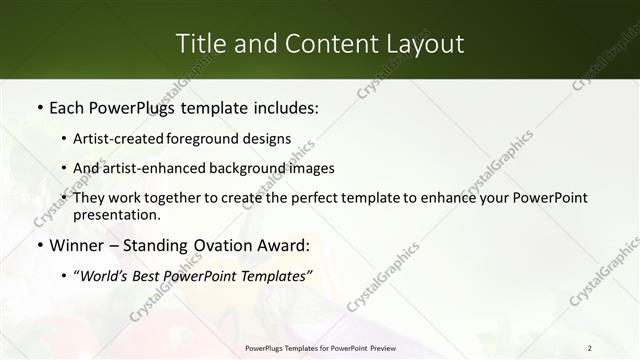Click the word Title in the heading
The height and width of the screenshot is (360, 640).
coord(198,44)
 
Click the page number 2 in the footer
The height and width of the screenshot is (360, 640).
coord(589,348)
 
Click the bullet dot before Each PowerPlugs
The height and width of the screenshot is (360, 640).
coord(39,106)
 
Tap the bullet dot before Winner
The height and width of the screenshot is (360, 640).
coord(39,245)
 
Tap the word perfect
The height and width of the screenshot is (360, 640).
coord(310,198)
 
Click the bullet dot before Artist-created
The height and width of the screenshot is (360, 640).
coord(65,138)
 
